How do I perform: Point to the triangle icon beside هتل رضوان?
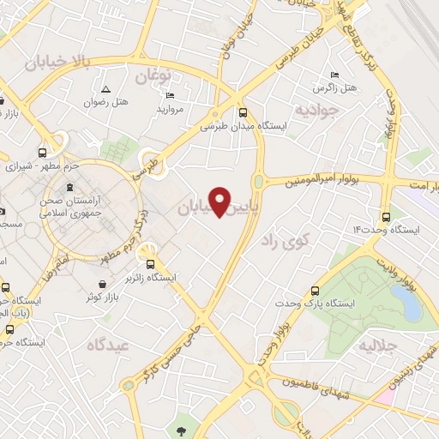click(105, 89)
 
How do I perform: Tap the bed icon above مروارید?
click(170, 95)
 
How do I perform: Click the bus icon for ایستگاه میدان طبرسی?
click(243, 112)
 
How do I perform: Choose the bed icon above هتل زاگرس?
click(334, 75)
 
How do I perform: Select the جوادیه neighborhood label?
click(311, 111)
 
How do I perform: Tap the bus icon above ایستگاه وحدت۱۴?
click(386, 216)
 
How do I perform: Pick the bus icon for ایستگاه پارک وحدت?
click(316, 291)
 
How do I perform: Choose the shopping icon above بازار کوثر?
click(103, 284)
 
